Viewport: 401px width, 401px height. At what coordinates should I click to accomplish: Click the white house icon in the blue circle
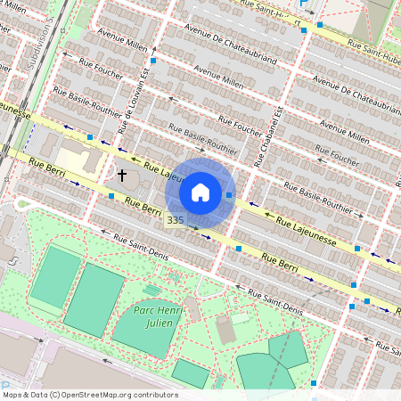(x=200, y=192)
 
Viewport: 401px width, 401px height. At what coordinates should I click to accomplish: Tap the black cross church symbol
(x=121, y=176)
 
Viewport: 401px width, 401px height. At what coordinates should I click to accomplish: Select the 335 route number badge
(x=175, y=220)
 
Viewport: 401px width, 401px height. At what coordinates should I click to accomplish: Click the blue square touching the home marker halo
(x=229, y=194)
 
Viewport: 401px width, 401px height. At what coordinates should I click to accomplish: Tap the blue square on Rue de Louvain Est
(x=153, y=61)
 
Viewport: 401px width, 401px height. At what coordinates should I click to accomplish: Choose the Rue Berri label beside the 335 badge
(x=143, y=208)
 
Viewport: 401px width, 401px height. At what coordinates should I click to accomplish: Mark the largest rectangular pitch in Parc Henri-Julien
(x=94, y=299)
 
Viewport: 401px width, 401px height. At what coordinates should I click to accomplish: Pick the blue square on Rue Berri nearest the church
(x=110, y=195)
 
